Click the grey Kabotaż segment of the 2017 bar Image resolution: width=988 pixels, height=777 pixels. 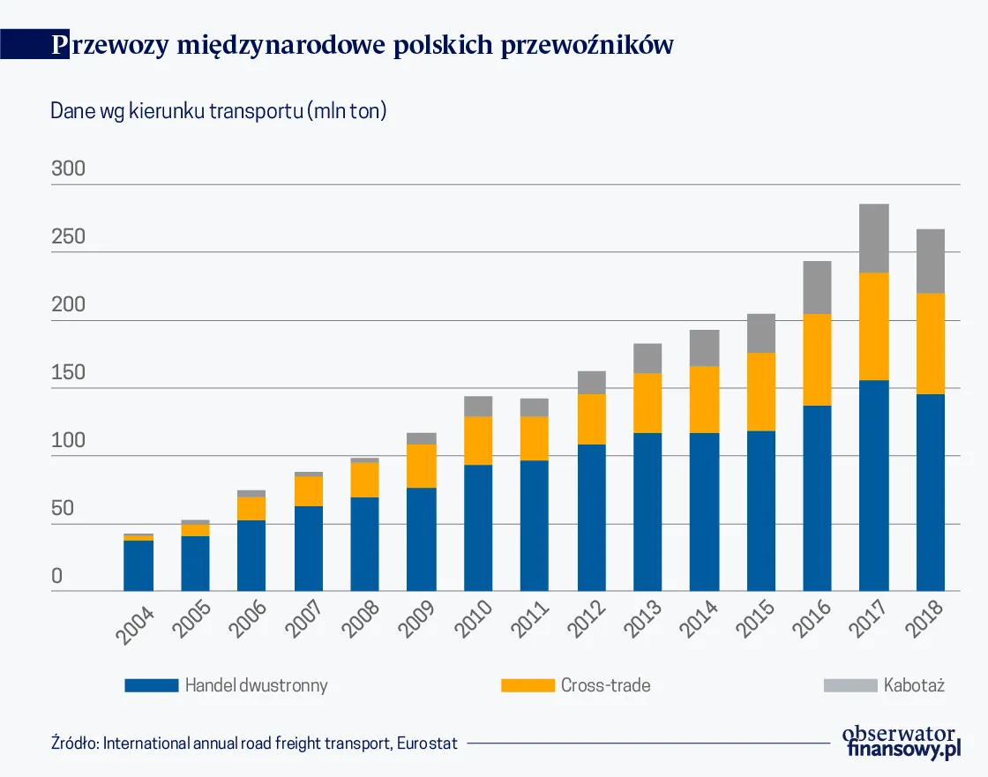873,238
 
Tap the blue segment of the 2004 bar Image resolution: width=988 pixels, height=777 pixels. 138,565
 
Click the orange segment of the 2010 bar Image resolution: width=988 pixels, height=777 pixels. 478,440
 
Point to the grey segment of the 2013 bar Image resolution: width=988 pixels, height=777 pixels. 647,358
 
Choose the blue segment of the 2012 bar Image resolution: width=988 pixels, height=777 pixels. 591,517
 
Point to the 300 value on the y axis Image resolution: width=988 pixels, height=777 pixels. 69,168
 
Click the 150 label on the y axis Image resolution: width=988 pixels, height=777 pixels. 69,372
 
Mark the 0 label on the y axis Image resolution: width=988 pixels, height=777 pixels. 57,577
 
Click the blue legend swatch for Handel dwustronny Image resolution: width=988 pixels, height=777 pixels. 151,685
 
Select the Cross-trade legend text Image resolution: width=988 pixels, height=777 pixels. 605,685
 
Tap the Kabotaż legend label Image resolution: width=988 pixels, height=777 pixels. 914,685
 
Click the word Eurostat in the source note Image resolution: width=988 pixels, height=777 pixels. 427,743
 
